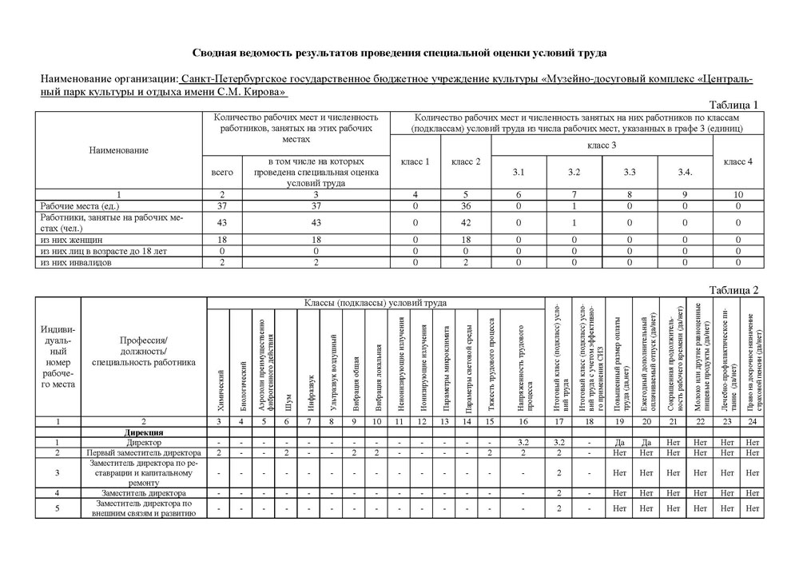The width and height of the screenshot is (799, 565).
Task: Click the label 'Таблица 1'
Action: [733, 105]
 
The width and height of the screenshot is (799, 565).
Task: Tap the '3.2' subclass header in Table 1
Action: [574, 173]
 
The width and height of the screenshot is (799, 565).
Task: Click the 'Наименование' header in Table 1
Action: [119, 150]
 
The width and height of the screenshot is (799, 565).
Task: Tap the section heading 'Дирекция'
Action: [144, 432]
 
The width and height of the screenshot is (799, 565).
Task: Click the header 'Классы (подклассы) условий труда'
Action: [375, 303]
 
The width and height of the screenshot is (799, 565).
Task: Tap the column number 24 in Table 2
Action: [751, 421]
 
